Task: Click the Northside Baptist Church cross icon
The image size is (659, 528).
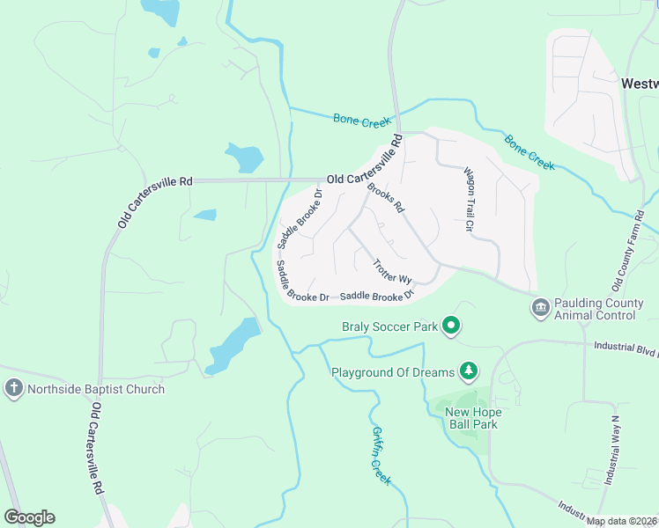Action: [x=13, y=388]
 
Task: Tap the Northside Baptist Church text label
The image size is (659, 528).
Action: [x=96, y=389]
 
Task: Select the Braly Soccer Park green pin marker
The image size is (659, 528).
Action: [x=452, y=326]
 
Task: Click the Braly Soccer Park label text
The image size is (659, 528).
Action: [x=390, y=326]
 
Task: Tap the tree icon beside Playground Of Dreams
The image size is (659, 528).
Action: [x=470, y=371]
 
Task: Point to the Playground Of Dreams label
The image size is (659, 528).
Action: [x=393, y=372]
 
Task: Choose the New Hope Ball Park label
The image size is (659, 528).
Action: [x=471, y=418]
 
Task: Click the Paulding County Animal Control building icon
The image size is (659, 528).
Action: [x=540, y=309]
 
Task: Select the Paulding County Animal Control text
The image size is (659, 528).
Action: [x=599, y=309]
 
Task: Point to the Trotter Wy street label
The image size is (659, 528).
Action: [x=392, y=270]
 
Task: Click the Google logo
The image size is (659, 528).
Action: [x=29, y=517]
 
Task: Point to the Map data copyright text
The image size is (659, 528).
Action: [x=622, y=521]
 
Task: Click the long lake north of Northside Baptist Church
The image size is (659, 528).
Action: [x=233, y=345]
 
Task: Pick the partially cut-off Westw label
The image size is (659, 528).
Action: [x=640, y=84]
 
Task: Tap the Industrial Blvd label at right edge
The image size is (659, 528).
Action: [x=626, y=349]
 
